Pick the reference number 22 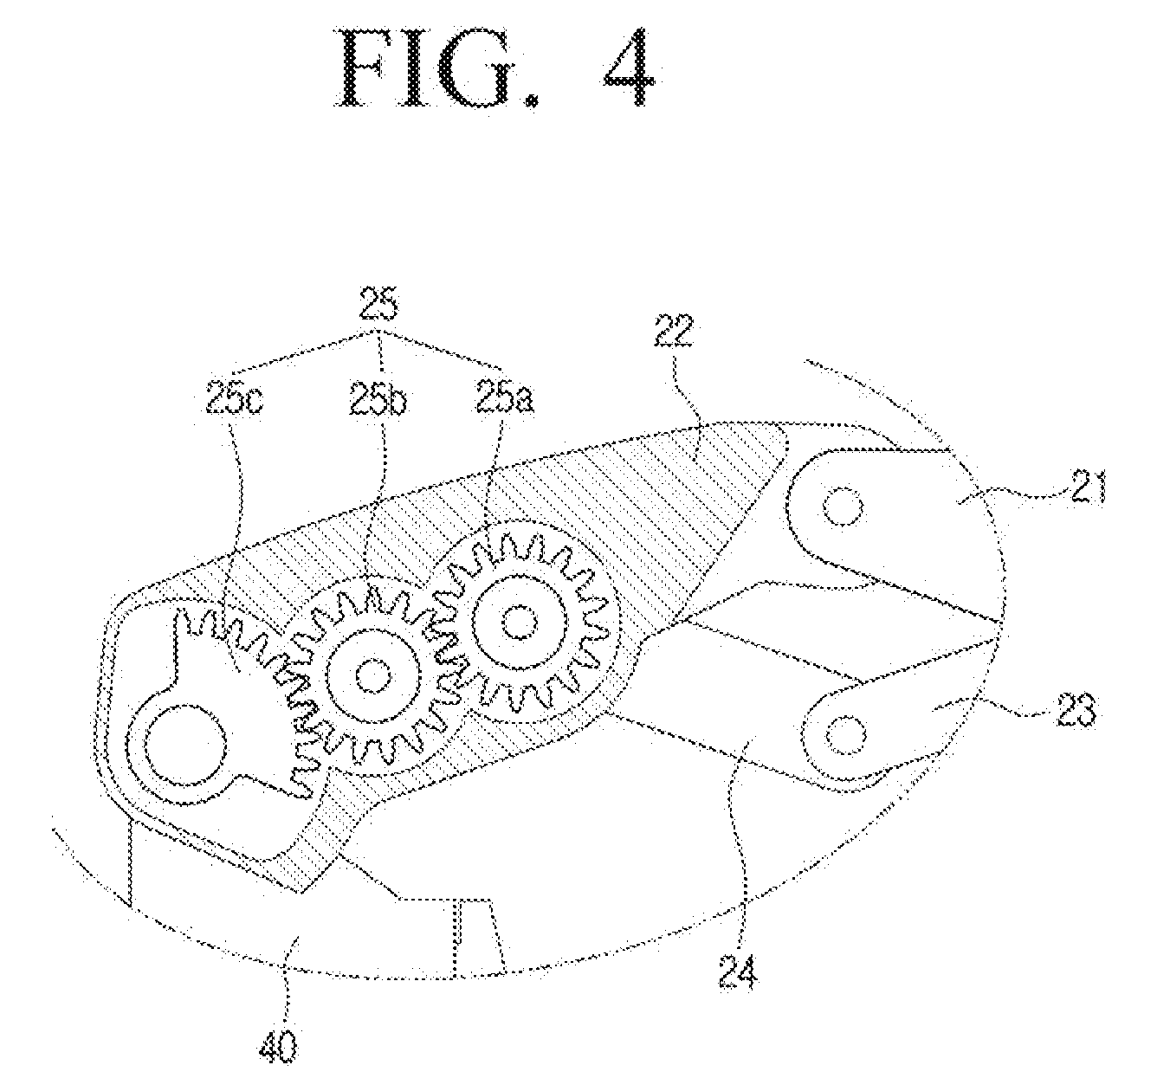[x=674, y=331]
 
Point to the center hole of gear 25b [x=373, y=675]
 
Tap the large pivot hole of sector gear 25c [x=185, y=745]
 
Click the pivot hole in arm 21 [x=843, y=506]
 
